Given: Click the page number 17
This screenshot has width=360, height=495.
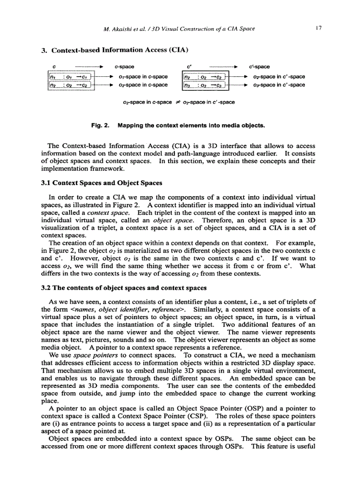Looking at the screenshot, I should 318,29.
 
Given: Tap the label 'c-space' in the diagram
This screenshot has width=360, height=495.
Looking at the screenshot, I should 124,67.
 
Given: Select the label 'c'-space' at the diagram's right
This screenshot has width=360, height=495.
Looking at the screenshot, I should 259,67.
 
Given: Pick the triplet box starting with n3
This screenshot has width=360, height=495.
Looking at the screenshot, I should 204,85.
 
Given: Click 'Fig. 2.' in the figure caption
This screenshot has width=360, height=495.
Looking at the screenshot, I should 100,126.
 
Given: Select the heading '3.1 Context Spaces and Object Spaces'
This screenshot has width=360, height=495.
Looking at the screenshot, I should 100,183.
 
